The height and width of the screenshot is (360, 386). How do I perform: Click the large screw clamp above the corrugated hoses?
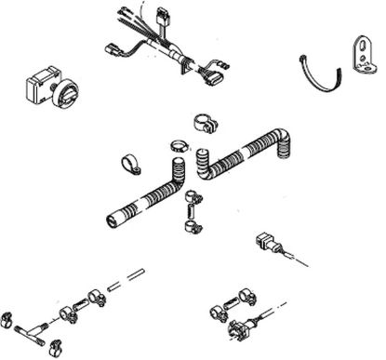pyautogui.click(x=205, y=122)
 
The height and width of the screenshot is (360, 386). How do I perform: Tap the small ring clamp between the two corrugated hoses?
pyautogui.click(x=180, y=147)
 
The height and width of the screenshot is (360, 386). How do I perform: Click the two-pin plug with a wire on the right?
pyautogui.click(x=264, y=246)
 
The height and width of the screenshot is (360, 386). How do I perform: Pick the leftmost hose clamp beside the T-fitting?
pyautogui.click(x=8, y=319)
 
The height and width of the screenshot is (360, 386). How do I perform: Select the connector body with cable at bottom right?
pyautogui.click(x=236, y=327)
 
